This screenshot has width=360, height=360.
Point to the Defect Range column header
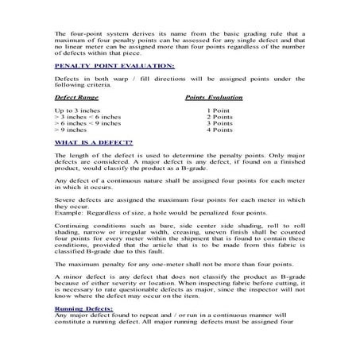[x=77, y=95]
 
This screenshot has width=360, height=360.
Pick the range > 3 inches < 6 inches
[x=87, y=115]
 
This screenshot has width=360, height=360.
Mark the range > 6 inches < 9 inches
[x=87, y=122]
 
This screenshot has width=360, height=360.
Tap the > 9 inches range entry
[x=73, y=130]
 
